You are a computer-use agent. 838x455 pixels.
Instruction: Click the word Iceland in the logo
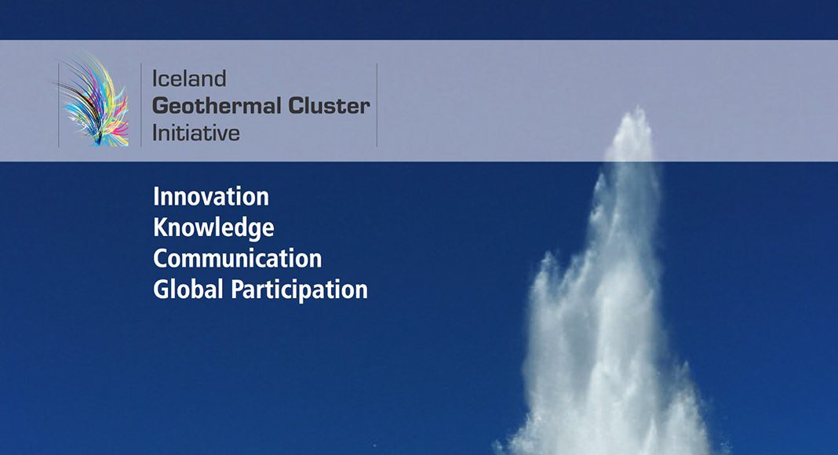click(x=189, y=78)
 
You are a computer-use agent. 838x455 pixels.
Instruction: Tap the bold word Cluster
click(x=330, y=106)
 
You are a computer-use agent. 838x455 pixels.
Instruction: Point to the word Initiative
click(x=195, y=133)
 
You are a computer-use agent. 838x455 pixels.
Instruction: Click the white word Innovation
click(x=211, y=197)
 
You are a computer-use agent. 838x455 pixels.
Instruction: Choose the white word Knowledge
click(x=213, y=228)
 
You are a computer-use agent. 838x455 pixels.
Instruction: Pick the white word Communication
click(x=237, y=258)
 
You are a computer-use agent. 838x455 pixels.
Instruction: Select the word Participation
click(x=299, y=290)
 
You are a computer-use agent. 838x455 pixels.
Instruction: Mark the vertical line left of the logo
click(x=58, y=104)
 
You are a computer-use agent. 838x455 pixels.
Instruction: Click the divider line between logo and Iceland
click(x=141, y=104)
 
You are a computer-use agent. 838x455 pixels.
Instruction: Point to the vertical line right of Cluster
click(x=377, y=104)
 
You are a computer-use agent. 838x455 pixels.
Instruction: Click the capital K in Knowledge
click(x=160, y=227)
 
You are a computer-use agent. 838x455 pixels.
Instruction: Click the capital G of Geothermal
click(x=161, y=106)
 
